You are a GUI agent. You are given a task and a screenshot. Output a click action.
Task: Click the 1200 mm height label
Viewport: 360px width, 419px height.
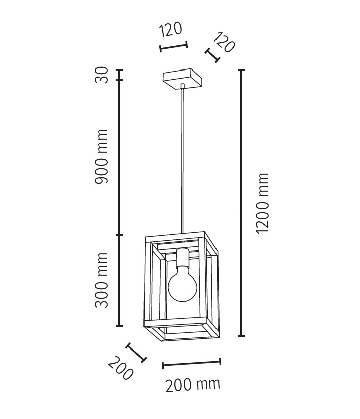pos(262,203)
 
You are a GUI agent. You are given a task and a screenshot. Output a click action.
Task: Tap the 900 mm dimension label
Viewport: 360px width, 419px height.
pos(102,156)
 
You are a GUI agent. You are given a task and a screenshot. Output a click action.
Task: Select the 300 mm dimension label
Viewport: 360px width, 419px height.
pos(102,281)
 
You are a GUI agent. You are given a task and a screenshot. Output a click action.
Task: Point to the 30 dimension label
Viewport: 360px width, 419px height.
pos(102,76)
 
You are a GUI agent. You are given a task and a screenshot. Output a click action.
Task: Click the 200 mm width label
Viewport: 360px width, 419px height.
pos(193,385)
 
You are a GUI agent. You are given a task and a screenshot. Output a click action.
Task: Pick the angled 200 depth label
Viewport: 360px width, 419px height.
pos(121,369)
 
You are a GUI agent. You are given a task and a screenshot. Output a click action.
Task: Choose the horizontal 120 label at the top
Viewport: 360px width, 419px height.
pos(171,30)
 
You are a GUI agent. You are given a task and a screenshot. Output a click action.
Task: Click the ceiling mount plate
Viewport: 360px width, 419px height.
pos(182,79)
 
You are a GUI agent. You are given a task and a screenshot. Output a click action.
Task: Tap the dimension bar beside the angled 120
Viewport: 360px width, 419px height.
pos(213,55)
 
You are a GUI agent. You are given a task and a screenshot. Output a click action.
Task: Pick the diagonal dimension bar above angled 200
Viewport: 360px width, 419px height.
pos(135,353)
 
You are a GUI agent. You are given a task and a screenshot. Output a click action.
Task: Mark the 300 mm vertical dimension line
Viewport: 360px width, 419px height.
pos(120,281)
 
